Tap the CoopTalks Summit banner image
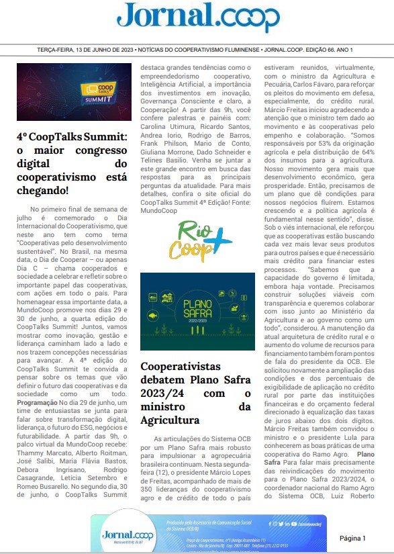(74, 92)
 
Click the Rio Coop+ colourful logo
(196, 239)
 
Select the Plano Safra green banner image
(197, 312)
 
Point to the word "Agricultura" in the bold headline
(170, 402)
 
